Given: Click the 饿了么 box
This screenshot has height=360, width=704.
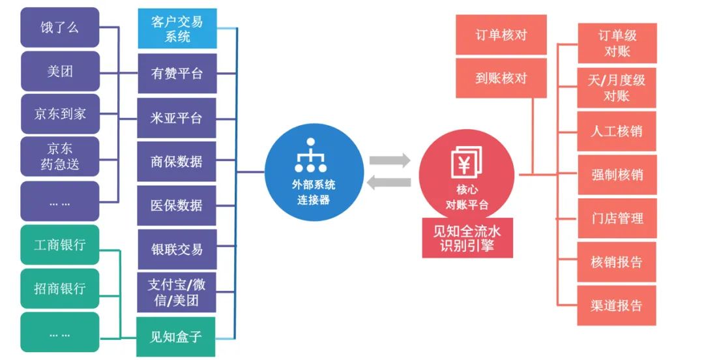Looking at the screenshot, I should (60, 27).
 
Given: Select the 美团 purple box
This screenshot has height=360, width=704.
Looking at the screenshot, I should (60, 71).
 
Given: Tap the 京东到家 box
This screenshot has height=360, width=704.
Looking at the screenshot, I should (60, 113).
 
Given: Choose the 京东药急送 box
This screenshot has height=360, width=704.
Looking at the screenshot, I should (60, 157).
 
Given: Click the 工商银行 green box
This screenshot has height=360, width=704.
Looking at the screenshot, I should (60, 245).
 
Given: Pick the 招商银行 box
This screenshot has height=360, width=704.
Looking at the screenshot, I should (60, 288).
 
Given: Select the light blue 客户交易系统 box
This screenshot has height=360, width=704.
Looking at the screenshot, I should (177, 29).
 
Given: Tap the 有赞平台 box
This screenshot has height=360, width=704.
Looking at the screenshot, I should (177, 74).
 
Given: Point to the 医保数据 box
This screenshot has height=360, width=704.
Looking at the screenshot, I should (177, 205).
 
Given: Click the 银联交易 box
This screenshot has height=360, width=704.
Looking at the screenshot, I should (177, 249).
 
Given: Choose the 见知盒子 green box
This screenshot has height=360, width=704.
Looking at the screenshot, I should (177, 337).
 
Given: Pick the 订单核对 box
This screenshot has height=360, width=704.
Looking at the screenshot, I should (501, 35).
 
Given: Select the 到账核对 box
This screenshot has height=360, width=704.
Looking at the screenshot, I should (501, 78).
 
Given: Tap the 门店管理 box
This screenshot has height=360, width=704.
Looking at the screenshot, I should (617, 218).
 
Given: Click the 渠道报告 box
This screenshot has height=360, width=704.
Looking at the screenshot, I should (617, 305).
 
